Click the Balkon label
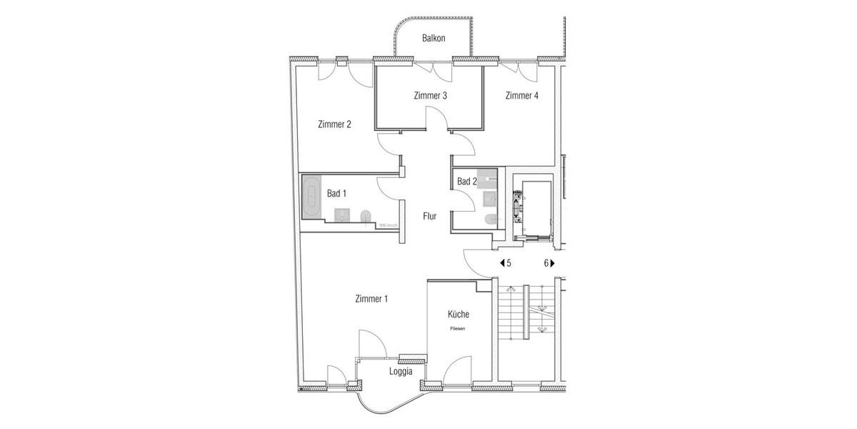433,39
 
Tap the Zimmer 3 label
430,96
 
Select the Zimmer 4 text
521,96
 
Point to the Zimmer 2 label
334,124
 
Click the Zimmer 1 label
371,299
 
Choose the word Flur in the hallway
429,216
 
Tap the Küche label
458,315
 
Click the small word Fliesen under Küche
458,329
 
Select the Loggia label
400,371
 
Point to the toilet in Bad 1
366,217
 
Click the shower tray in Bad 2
489,177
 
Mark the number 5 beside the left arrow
508,263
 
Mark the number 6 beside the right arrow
546,263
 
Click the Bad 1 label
336,194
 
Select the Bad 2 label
466,182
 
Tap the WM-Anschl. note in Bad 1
388,225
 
